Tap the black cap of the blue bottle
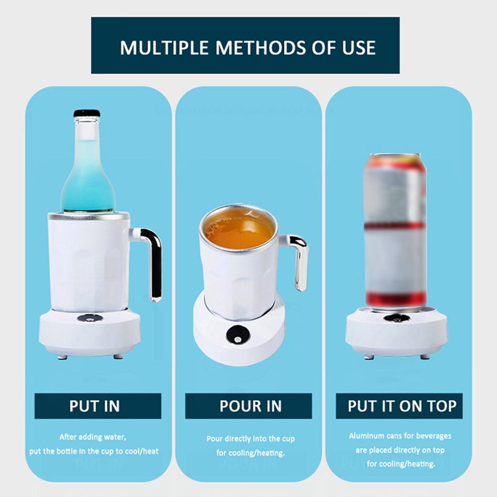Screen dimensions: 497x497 tap(87, 113)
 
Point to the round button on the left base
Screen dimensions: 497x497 tap(90, 318)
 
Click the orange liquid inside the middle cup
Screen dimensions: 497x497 tap(238, 232)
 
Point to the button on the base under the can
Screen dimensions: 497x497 tap(397, 318)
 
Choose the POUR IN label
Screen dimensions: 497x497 tap(248, 406)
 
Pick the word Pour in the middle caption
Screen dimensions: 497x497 tap(215, 439)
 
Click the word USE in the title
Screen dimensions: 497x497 tap(359, 48)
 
